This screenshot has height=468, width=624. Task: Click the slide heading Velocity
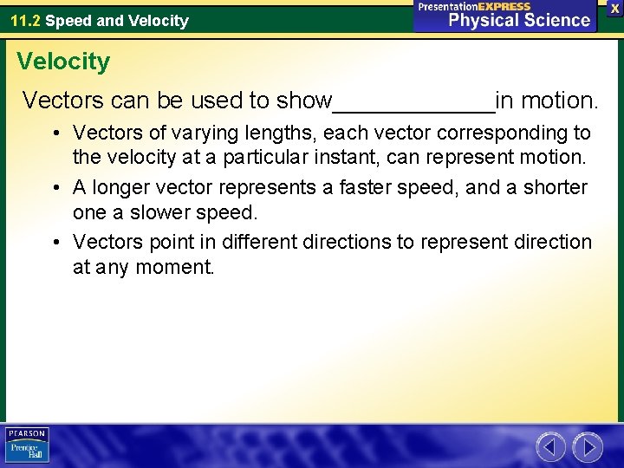pyautogui.click(x=63, y=62)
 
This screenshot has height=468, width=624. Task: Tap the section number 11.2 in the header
pyautogui.click(x=24, y=20)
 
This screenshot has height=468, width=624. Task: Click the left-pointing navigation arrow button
pyautogui.click(x=551, y=447)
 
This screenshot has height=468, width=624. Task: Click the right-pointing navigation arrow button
pyautogui.click(x=588, y=447)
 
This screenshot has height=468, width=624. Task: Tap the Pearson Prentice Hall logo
pyautogui.click(x=27, y=445)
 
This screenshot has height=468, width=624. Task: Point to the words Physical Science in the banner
pyautogui.click(x=519, y=20)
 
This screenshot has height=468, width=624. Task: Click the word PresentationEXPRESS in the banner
pyautogui.click(x=474, y=6)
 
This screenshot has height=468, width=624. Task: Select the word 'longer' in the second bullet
pyautogui.click(x=120, y=187)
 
